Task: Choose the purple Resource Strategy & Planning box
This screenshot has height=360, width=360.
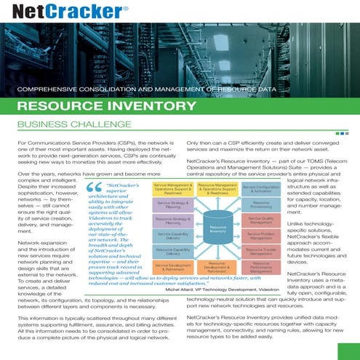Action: coord(172,220)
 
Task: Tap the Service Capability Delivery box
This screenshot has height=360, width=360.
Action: coord(172,236)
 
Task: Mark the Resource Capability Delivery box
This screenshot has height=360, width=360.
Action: coord(172,252)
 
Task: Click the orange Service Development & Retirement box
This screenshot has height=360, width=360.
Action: coord(172,267)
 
